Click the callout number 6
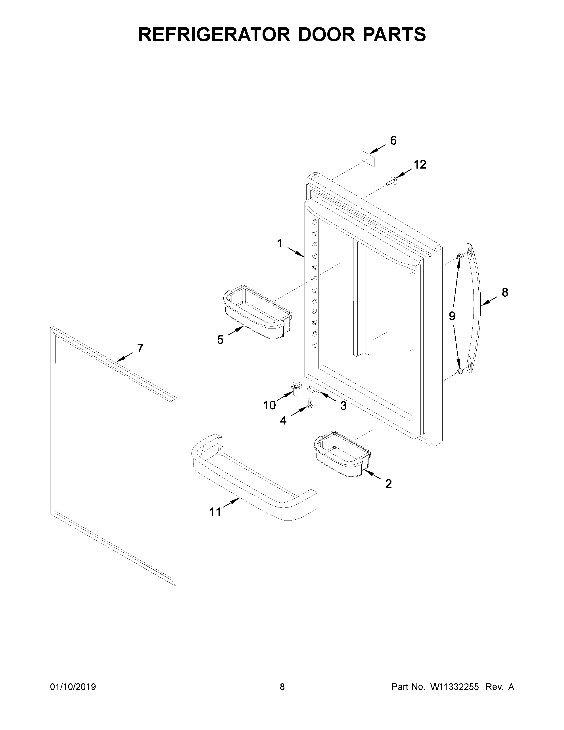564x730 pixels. click(x=393, y=141)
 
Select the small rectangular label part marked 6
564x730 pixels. click(x=368, y=158)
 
